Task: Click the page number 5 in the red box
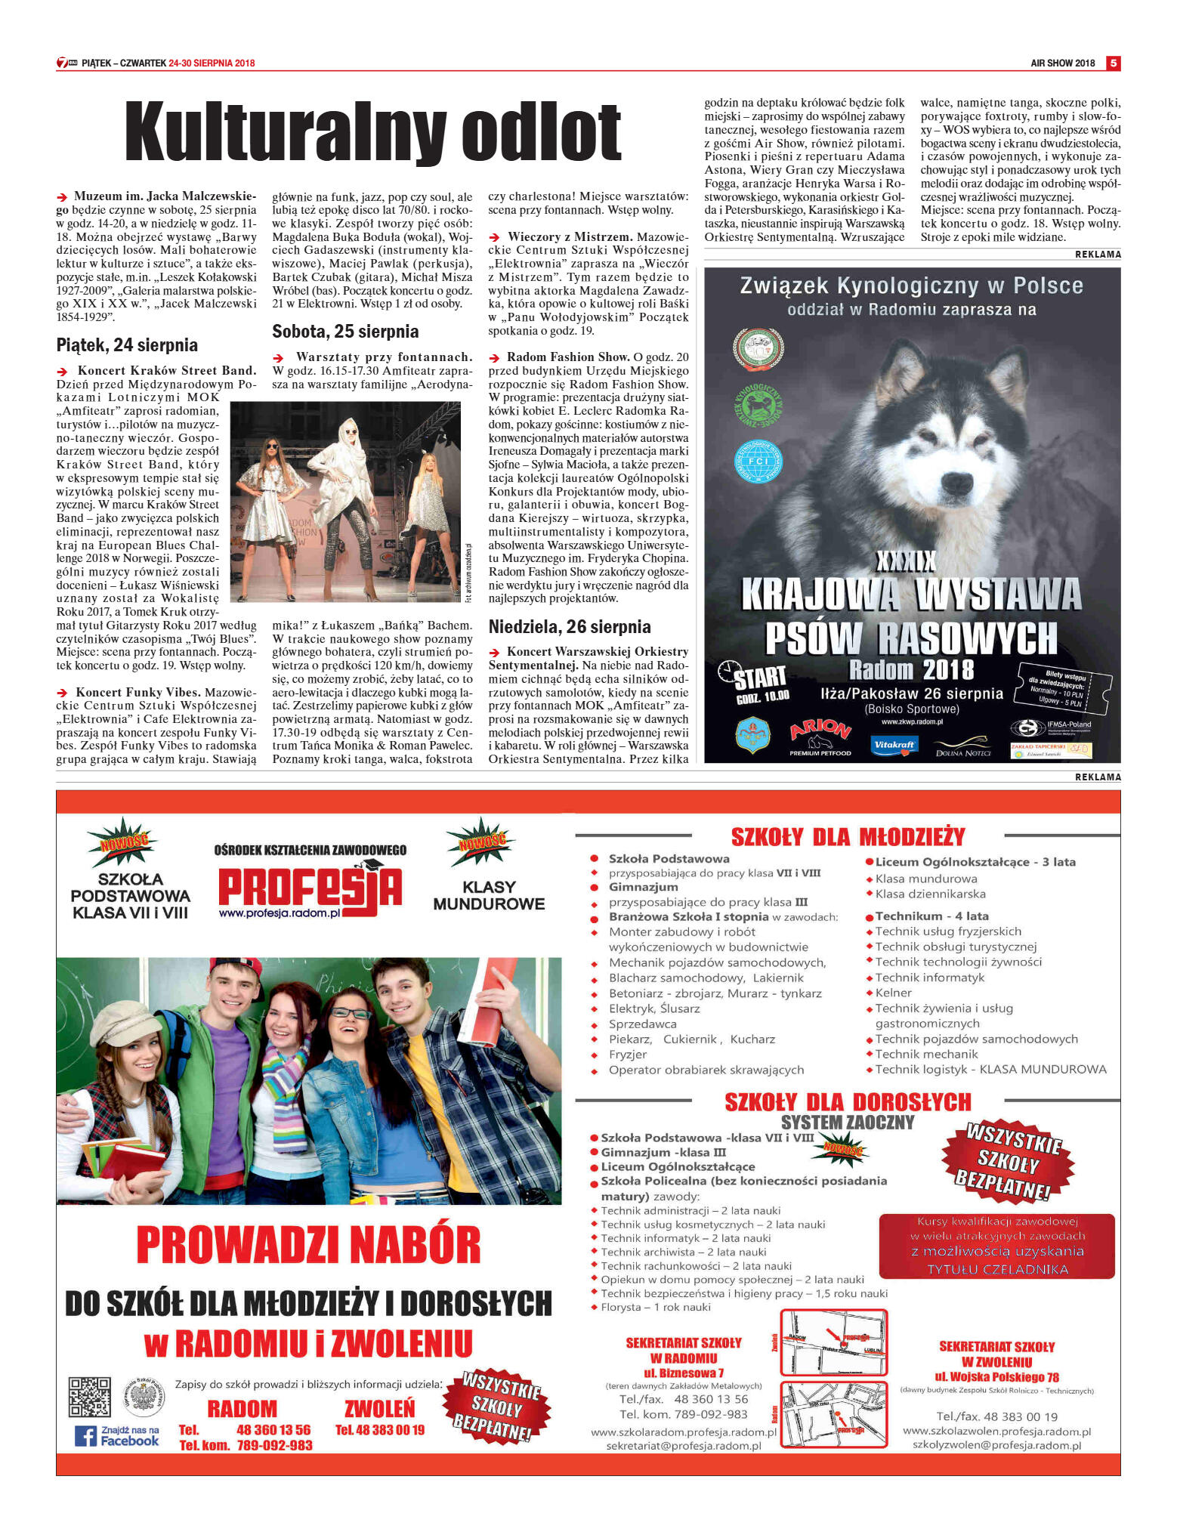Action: [1113, 63]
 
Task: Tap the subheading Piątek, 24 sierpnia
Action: [127, 345]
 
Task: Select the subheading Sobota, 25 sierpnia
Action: [345, 332]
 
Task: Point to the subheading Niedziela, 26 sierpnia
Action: [570, 626]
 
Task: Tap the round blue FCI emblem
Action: [758, 461]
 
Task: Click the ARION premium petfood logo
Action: [820, 734]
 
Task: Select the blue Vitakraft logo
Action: [894, 746]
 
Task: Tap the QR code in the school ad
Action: [90, 1398]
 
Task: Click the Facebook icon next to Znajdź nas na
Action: [85, 1435]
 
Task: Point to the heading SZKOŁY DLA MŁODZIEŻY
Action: [848, 837]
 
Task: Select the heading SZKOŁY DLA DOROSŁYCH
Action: [848, 1102]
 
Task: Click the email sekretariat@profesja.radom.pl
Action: [683, 1446]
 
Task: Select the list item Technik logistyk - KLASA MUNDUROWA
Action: [990, 1069]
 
